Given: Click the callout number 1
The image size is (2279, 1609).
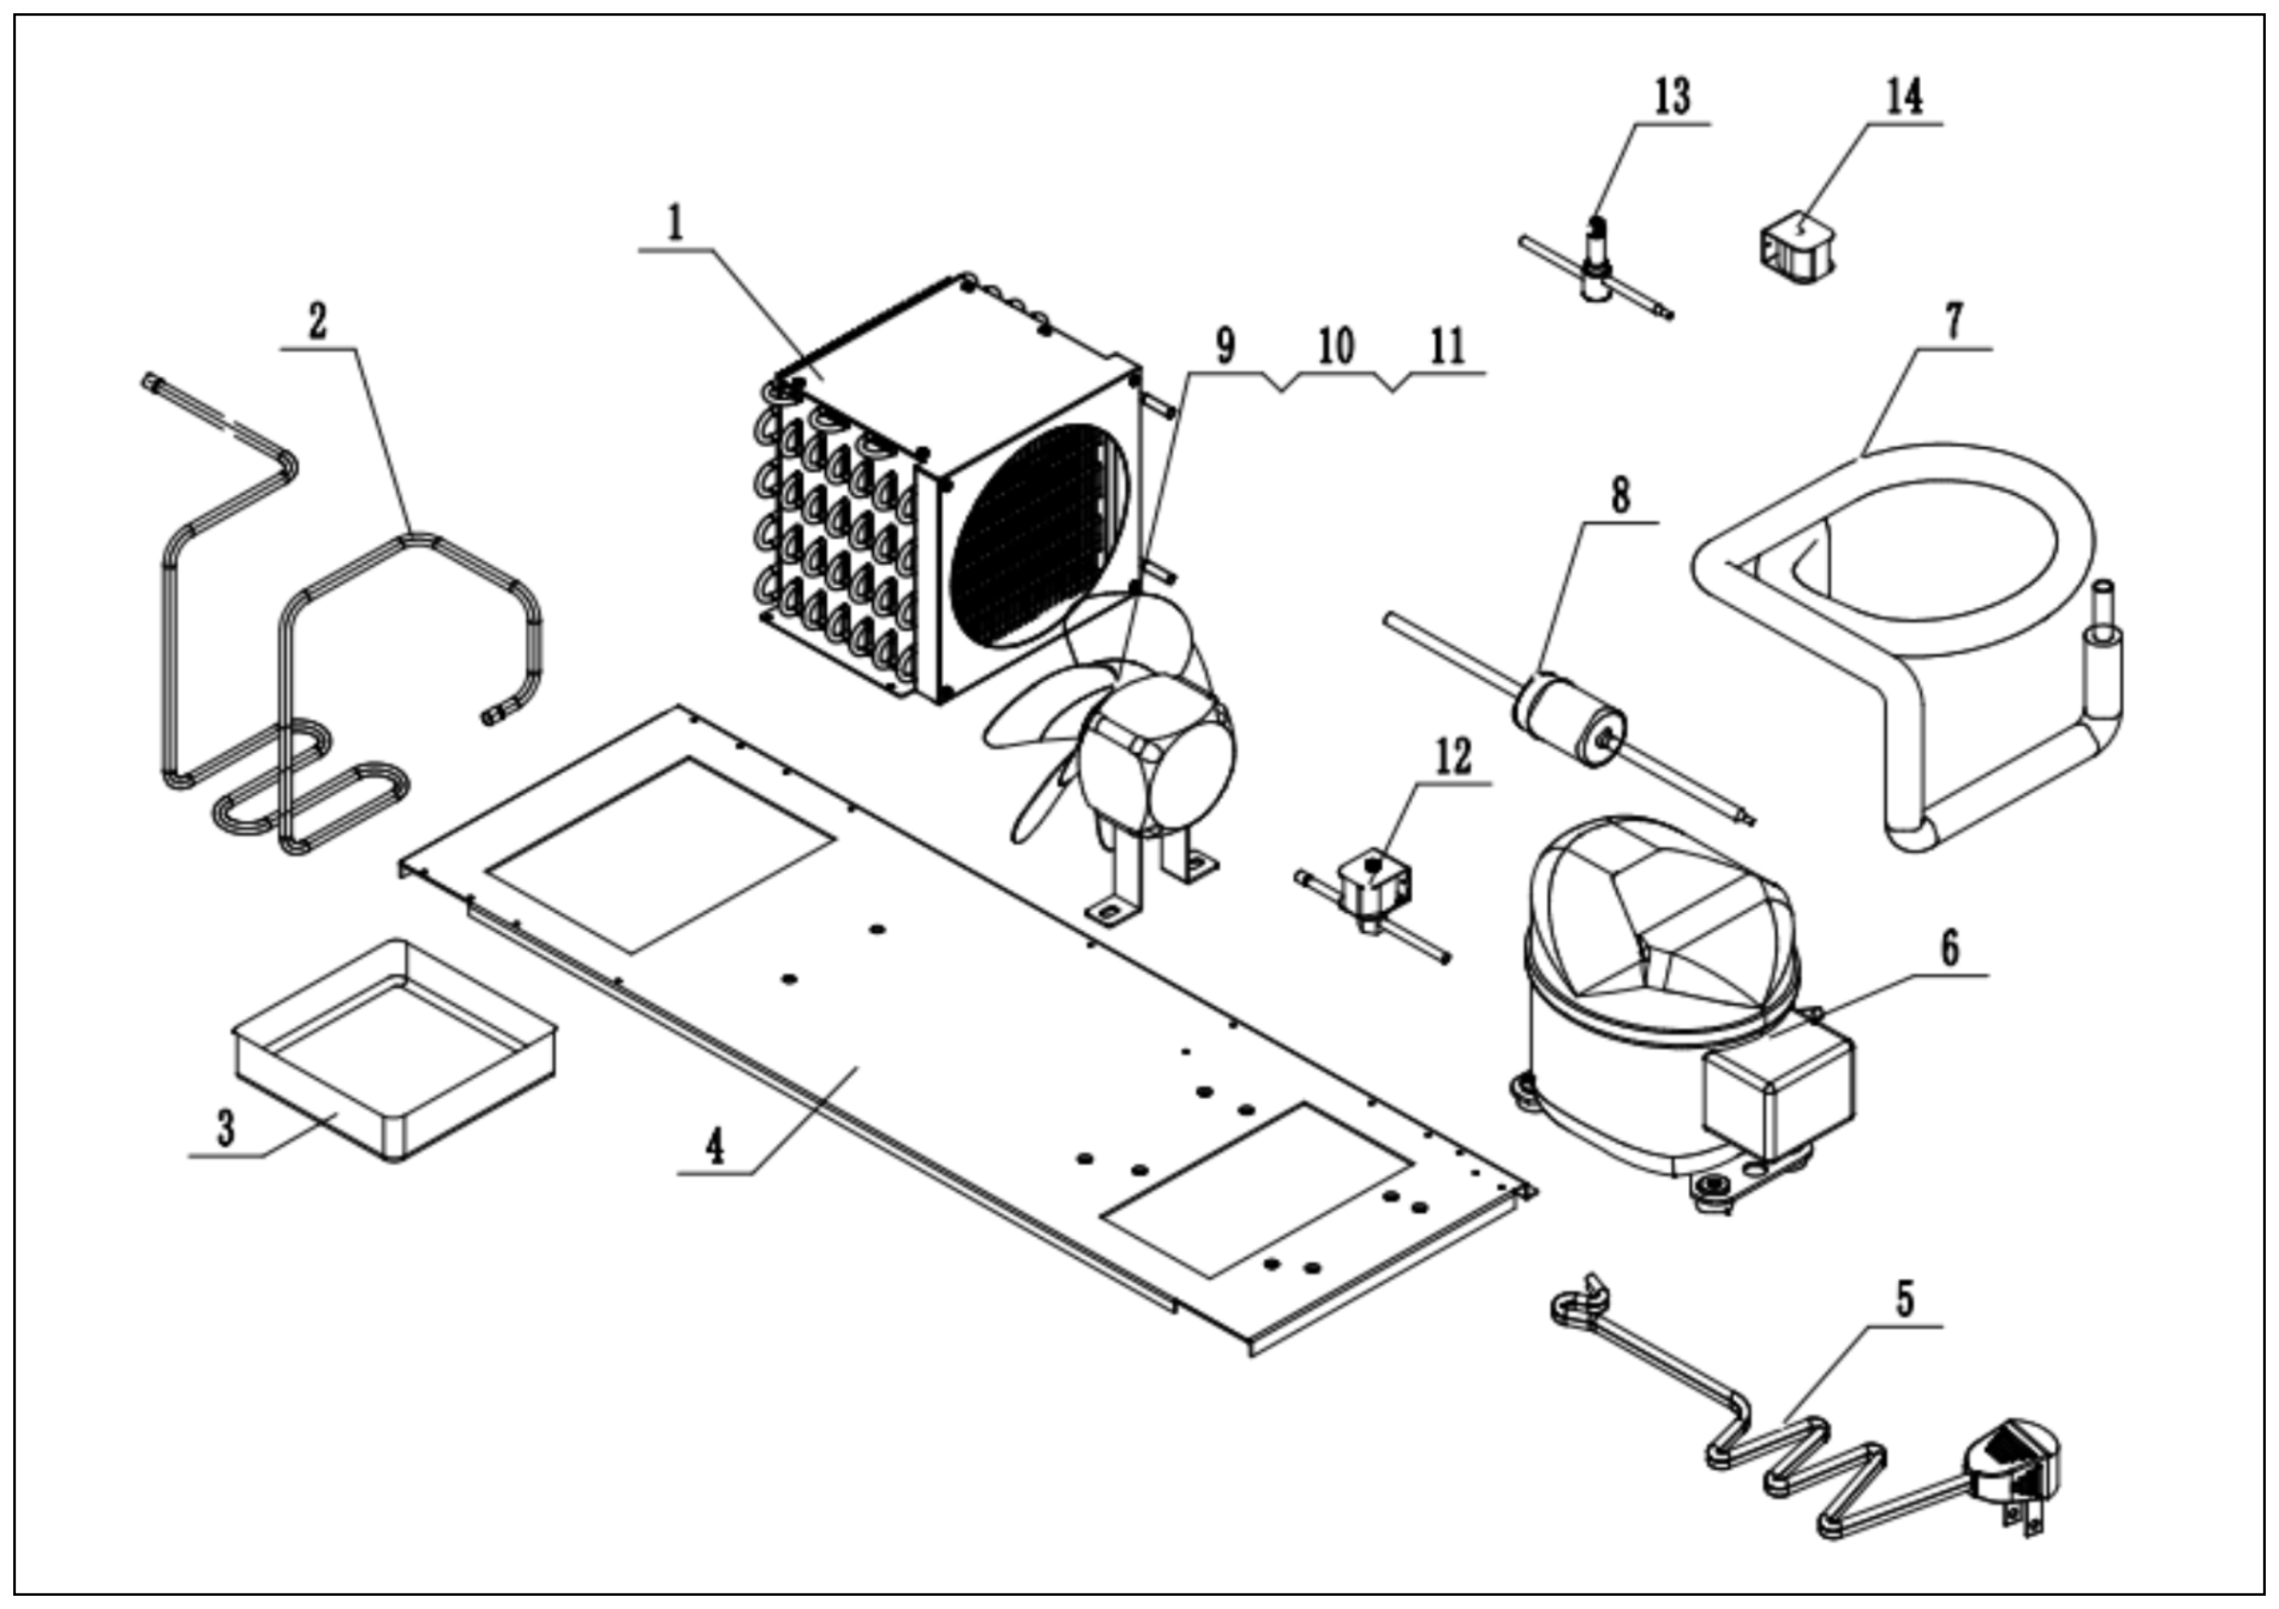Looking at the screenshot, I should [676, 223].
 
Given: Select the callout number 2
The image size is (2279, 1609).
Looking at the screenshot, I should [317, 322].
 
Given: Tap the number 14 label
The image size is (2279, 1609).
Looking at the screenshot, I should [1904, 97].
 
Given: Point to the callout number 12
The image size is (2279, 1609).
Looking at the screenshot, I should [1453, 757].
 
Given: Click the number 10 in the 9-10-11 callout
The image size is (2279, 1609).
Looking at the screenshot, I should [1336, 348].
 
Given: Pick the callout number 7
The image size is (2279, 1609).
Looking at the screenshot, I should [1953, 322].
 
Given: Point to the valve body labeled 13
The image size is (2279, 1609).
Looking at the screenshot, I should [1596, 263].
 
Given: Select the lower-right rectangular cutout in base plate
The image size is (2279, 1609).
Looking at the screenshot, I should [1258, 1188].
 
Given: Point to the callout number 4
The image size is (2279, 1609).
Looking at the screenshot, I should [715, 1146].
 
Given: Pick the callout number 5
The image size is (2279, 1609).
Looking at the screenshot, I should [1904, 1298].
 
